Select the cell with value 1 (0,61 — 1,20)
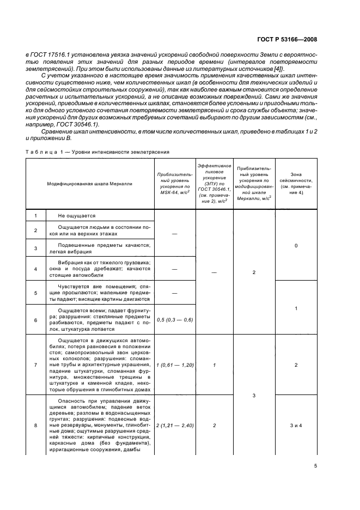pos(175,365)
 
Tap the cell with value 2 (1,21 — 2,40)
pos(175,424)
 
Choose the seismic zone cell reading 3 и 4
pos(296,424)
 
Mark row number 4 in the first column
pos(35,269)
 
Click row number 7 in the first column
pos(35,365)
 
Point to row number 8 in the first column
pos(35,424)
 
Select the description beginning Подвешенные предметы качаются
pos(100,248)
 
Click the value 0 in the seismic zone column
pos(296,246)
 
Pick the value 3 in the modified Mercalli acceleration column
pos(254,394)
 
